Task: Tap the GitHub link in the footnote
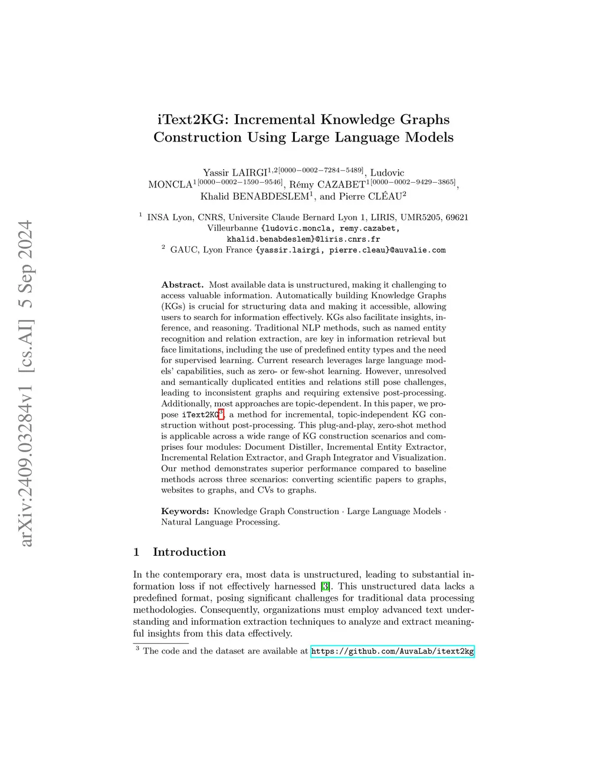tap(392, 651)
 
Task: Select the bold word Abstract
tap(182, 285)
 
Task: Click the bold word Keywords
tap(185, 511)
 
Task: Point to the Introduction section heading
tap(189, 552)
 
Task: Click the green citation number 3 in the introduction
tap(325, 586)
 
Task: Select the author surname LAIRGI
tap(250, 173)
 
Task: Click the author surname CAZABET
tap(340, 184)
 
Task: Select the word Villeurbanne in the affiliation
tap(232, 228)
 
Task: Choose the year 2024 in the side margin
tap(26, 242)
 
